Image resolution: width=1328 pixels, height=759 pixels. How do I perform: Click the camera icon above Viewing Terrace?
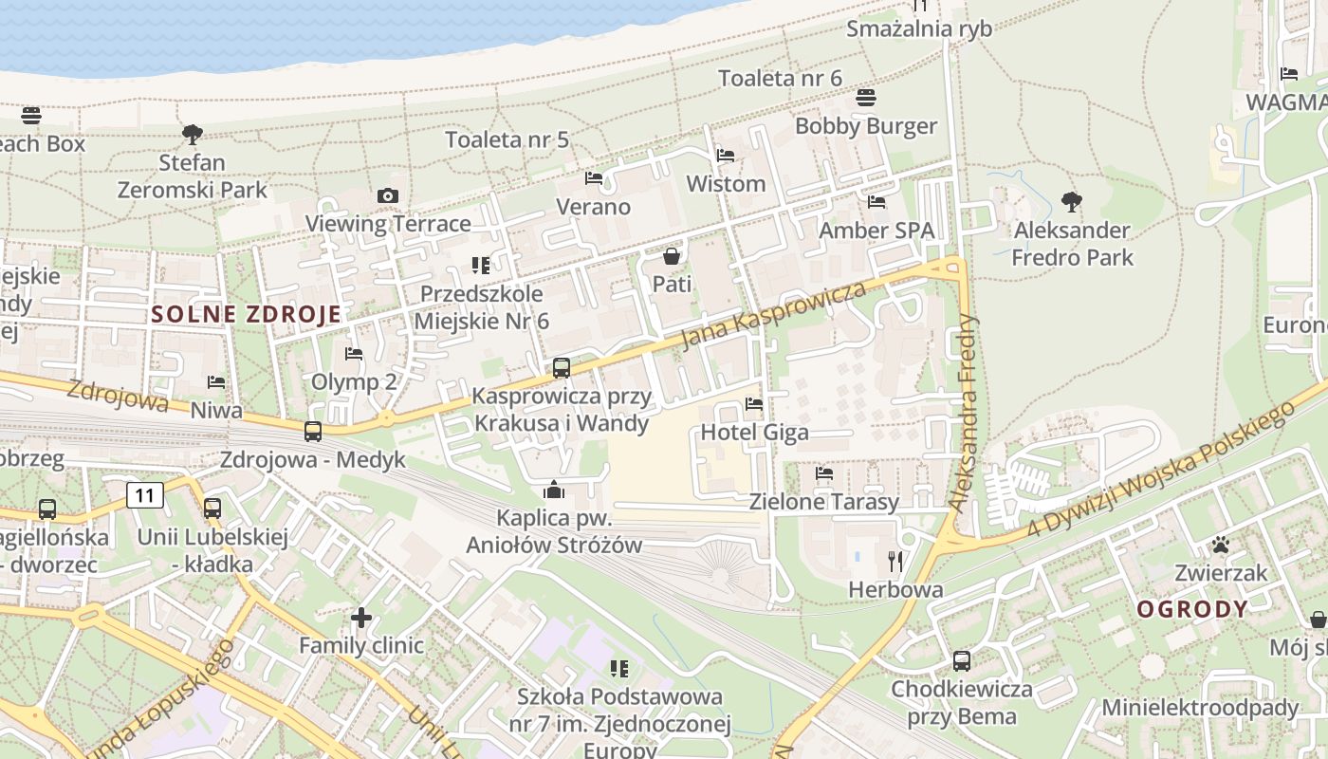(x=387, y=196)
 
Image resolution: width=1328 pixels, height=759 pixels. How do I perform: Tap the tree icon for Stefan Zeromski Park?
(x=193, y=134)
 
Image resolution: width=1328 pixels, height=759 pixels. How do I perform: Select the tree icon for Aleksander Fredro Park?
(x=1072, y=201)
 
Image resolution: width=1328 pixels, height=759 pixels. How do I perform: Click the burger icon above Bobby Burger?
(x=865, y=98)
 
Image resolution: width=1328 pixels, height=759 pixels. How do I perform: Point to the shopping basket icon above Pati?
(x=672, y=256)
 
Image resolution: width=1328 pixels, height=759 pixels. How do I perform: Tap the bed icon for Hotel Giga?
(x=754, y=404)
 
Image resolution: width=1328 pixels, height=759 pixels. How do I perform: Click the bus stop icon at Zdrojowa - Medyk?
(x=313, y=432)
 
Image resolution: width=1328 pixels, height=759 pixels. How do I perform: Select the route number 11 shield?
(x=144, y=494)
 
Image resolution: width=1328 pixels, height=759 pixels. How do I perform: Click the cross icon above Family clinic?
(x=360, y=618)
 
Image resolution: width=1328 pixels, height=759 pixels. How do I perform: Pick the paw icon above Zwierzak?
(x=1220, y=546)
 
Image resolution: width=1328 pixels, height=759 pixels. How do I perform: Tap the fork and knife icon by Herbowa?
(x=895, y=562)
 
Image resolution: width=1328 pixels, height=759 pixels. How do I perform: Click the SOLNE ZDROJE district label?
(x=246, y=315)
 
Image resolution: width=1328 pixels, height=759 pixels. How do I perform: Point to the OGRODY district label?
(x=1192, y=609)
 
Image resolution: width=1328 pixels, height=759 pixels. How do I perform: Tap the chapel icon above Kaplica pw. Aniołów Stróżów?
(x=554, y=491)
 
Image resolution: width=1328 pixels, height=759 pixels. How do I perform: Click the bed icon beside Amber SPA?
(x=876, y=202)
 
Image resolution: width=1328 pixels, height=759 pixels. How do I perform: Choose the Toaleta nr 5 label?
(x=507, y=140)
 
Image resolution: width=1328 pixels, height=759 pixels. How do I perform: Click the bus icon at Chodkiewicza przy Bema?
(x=961, y=661)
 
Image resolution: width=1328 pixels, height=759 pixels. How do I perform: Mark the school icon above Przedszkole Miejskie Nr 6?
(x=481, y=266)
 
